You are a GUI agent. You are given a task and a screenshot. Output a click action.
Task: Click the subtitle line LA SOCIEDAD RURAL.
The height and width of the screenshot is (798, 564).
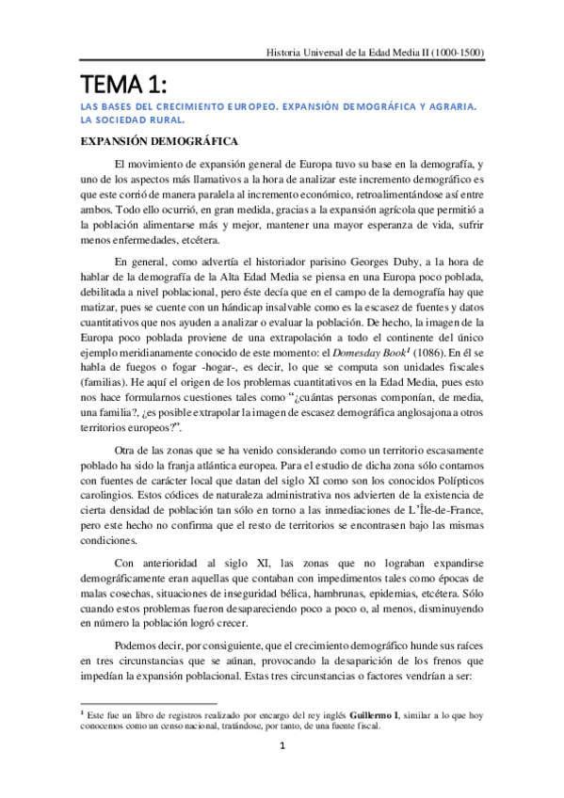pos(131,120)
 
